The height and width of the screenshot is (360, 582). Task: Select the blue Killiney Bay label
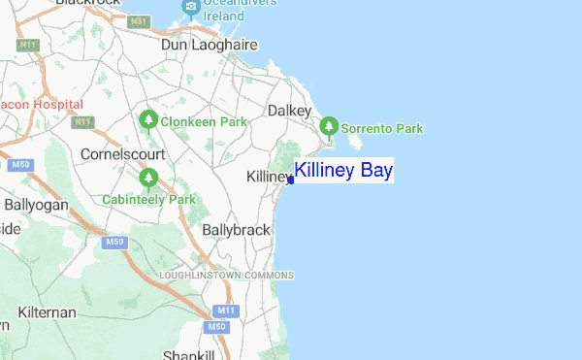(x=343, y=172)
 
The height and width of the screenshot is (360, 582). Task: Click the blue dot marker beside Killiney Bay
(x=291, y=180)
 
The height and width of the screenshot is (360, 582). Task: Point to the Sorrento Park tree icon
(x=330, y=126)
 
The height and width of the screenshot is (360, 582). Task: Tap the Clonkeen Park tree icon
(x=148, y=120)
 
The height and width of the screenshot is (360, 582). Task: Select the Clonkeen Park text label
(x=203, y=121)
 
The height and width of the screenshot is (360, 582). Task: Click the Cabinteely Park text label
(x=148, y=200)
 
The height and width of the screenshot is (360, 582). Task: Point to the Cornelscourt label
(x=122, y=154)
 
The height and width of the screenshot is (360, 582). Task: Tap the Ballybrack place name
(x=237, y=230)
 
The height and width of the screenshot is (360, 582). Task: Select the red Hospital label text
(x=58, y=103)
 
